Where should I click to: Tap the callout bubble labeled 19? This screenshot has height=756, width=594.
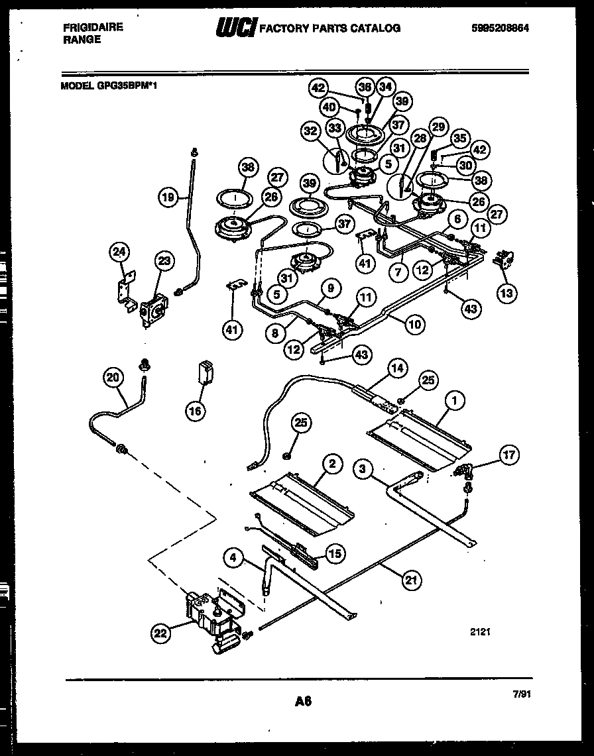tap(169, 197)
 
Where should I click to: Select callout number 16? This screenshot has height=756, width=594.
tap(195, 411)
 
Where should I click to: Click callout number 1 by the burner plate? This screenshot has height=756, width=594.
tap(455, 400)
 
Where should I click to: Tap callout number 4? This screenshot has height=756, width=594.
tap(233, 558)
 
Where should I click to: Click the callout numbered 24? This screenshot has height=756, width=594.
tap(119, 252)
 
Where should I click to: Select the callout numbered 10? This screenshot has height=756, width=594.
tap(414, 325)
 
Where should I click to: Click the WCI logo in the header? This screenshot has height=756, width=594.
tap(235, 27)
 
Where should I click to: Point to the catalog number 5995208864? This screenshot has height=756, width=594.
tap(502, 28)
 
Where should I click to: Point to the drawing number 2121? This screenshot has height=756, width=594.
tap(480, 633)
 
